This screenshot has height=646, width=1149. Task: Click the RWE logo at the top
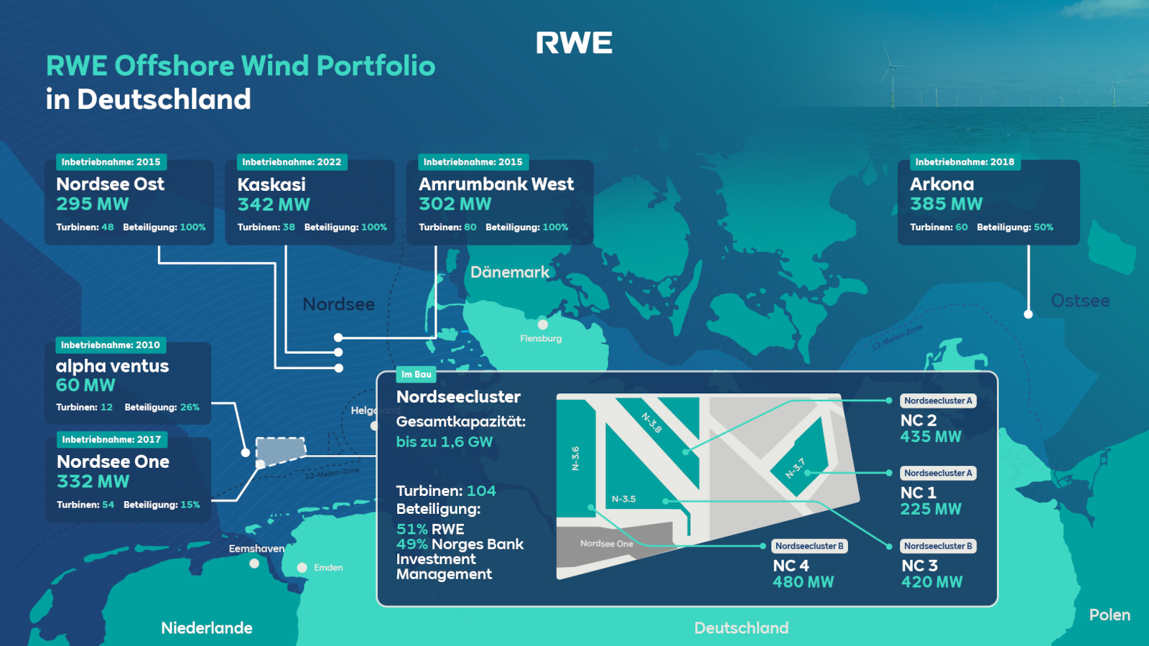point(574,42)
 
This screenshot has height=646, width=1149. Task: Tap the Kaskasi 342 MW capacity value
point(274,205)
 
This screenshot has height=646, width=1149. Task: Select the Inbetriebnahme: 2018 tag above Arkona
point(965,162)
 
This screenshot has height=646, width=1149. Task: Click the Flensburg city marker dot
point(543,324)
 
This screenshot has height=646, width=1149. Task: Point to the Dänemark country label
point(509,272)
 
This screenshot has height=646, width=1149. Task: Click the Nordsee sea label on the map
point(338,304)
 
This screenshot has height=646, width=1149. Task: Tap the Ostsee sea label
point(1080,301)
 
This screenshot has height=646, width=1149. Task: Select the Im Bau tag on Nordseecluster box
point(416,374)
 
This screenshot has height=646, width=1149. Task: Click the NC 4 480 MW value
point(804,582)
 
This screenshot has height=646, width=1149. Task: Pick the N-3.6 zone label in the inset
point(575,459)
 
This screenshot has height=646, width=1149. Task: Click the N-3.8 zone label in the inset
point(651,423)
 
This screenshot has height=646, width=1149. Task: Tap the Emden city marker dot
point(302,568)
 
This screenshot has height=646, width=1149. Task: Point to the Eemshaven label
point(256,548)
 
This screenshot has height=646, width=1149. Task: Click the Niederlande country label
point(207,628)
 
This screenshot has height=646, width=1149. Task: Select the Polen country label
point(1110,614)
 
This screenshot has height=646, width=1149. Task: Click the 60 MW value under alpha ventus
point(85,385)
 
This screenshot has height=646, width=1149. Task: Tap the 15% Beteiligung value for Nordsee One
point(190,505)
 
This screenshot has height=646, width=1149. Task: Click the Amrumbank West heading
point(496,184)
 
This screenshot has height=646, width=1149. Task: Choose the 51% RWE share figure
point(430,529)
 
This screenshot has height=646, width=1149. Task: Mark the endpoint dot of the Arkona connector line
point(1028,314)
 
